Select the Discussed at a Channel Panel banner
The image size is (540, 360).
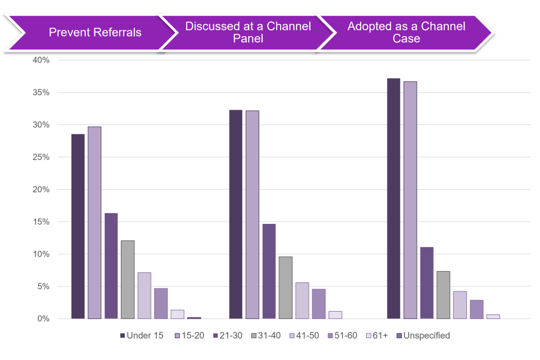tap(247, 33)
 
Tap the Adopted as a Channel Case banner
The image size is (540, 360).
tap(406, 33)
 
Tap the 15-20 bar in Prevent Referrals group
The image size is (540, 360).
tap(94, 223)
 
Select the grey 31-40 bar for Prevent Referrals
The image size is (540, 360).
tap(128, 280)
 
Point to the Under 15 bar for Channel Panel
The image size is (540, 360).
tap(236, 214)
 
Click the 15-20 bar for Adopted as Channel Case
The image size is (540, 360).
tap(410, 200)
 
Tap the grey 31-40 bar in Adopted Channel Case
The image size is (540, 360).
tap(443, 295)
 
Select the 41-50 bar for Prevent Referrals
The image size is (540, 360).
tap(144, 295)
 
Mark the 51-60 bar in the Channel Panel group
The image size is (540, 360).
tap(318, 304)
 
